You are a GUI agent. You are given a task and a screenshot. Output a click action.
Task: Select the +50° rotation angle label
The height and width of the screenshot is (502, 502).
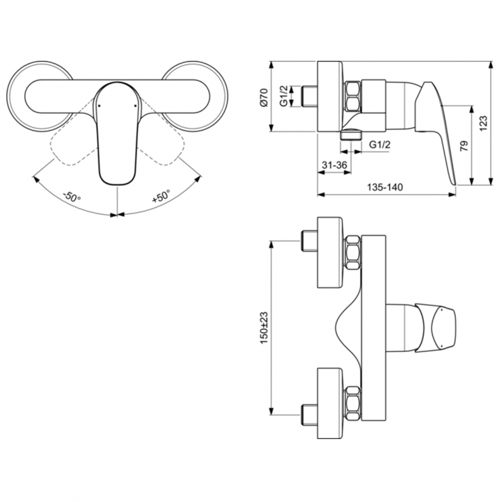point(161,197)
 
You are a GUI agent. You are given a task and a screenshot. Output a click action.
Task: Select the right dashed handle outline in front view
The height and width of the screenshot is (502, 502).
point(164,144)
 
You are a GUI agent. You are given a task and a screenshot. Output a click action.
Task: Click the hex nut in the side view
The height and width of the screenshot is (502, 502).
point(353,96)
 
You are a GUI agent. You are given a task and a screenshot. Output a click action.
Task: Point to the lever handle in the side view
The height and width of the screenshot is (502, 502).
point(435,127)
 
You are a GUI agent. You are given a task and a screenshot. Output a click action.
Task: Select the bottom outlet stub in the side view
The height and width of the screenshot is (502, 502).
point(347,134)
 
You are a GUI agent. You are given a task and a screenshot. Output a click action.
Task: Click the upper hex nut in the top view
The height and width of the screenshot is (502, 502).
point(353,253)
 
